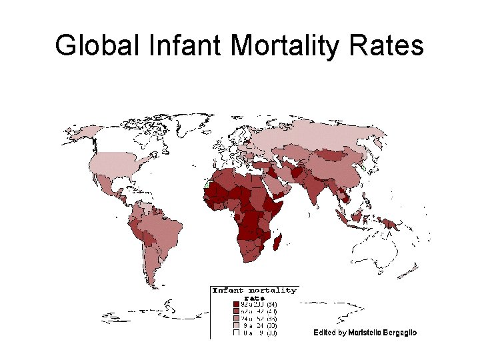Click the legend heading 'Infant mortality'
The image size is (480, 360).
[x=255, y=291]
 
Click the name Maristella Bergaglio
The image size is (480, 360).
[x=383, y=333]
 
